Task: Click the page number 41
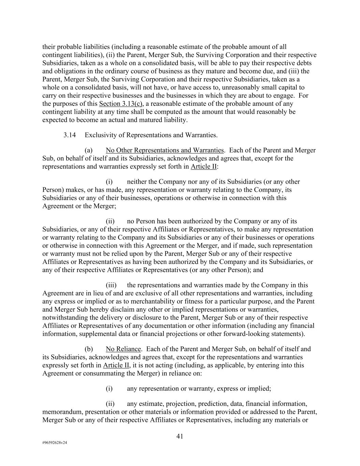180,436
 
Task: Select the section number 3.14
69,135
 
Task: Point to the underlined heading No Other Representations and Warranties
164,150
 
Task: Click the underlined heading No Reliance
123,349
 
